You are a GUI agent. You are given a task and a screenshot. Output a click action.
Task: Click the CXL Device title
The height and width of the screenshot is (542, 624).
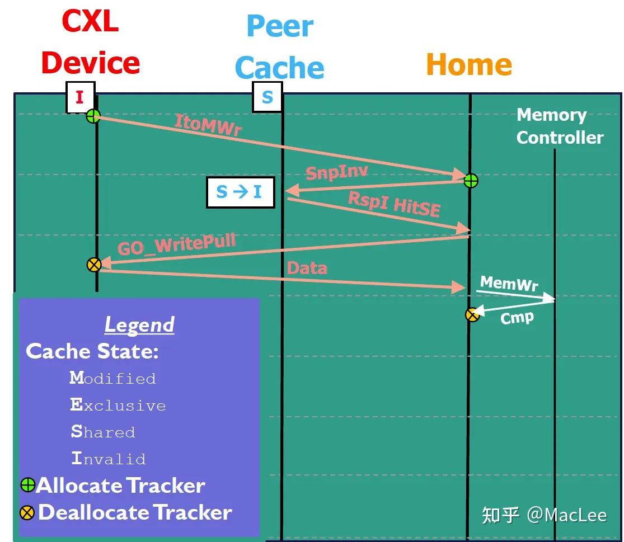coord(90,43)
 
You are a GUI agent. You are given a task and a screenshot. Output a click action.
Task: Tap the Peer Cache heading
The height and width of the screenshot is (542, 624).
coord(279,47)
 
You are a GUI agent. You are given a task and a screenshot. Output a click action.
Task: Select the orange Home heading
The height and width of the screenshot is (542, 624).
coord(469,64)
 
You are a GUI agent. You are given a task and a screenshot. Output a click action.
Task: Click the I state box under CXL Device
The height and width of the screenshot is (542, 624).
coord(80,97)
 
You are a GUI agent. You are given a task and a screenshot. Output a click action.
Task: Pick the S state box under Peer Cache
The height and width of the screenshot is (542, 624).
coord(268,97)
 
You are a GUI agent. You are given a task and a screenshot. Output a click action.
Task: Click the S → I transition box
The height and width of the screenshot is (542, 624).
coord(240,192)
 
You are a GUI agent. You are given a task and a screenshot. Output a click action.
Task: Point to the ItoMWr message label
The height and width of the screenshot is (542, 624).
coord(208,125)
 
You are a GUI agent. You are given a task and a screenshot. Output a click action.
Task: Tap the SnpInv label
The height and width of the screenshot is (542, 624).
coord(336,171)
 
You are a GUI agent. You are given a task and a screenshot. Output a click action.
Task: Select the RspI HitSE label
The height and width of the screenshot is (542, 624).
coord(394,204)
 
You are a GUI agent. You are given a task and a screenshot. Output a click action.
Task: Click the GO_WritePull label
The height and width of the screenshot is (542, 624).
coord(176,245)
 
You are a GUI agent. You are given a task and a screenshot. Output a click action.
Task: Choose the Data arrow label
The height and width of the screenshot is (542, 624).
coord(307,268)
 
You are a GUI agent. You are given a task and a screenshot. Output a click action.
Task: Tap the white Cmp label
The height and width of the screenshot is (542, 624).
coord(517,318)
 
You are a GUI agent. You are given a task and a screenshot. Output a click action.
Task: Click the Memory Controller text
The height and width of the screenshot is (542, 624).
coord(559,126)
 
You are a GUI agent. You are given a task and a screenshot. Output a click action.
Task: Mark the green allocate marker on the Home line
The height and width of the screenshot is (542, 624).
coord(471,181)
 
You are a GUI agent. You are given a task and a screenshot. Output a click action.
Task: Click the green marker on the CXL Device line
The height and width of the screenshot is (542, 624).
coord(93,116)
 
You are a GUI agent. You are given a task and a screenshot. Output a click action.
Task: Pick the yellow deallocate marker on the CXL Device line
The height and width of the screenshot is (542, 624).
coord(94,265)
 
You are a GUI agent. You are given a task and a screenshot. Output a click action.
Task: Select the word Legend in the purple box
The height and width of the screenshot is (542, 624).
coord(139,325)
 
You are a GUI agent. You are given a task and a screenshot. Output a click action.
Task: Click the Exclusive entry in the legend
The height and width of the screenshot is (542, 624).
coord(118,406)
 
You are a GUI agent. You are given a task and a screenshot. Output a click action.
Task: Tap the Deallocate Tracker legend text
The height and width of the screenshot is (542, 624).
coord(135,512)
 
